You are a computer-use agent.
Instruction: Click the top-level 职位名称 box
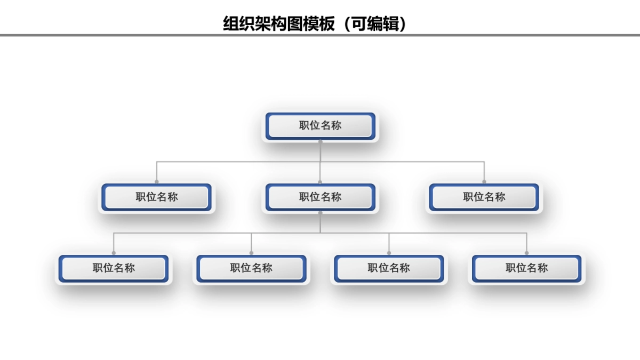tap(320, 126)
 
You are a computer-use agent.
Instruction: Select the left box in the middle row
tap(156, 197)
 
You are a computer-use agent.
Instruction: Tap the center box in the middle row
tap(320, 197)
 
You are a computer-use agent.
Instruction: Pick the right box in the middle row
tap(484, 197)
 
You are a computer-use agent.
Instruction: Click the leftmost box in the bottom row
tap(114, 268)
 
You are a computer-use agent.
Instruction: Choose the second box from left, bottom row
tap(251, 268)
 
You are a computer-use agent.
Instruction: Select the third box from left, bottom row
tap(389, 268)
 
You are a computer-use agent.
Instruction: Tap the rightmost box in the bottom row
tap(526, 268)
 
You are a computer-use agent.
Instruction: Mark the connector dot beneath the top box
tap(320, 142)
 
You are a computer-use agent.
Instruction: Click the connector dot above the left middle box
tap(156, 182)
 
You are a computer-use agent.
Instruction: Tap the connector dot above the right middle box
tap(484, 182)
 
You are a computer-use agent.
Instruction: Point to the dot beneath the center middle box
tap(320, 213)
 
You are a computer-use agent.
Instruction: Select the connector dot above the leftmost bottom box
tap(114, 253)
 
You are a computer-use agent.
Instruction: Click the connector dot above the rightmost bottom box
tap(526, 253)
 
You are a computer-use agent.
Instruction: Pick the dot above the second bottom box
tap(251, 253)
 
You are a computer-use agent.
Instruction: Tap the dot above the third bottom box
tap(389, 253)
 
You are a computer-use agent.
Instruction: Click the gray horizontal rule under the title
tap(320, 36)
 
